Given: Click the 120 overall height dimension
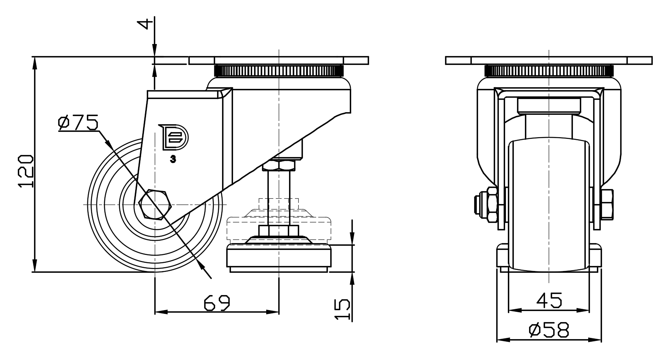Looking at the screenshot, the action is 26,171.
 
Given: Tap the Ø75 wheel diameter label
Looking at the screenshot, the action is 78,123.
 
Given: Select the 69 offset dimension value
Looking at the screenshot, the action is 217,303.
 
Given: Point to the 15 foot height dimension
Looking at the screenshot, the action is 342,309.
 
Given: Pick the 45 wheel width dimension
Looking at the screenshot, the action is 549,300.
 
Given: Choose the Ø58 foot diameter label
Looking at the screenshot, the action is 549,330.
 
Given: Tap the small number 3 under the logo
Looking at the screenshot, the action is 173,160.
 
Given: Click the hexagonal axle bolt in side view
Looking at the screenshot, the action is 155,205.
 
